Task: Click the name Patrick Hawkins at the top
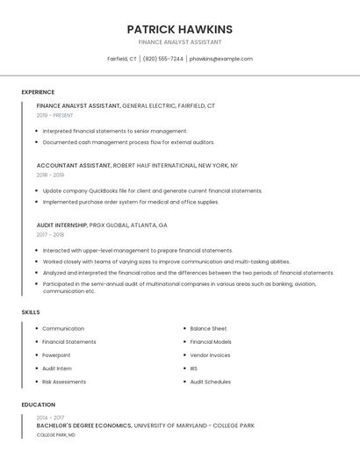pos(179,29)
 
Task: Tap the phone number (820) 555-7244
pos(162,59)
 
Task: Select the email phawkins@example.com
pos(220,59)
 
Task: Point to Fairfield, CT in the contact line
pos(122,59)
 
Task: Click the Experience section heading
pos(38,92)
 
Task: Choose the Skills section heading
pos(31,312)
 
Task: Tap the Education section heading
pos(38,404)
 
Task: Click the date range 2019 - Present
pos(55,115)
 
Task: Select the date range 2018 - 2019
pos(50,175)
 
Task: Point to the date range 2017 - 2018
pos(50,234)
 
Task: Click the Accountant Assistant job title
pos(74,165)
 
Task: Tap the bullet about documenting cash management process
pos(128,142)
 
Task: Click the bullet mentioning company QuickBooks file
pos(152,190)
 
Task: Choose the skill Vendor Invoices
pos(210,355)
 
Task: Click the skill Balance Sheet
pos(208,328)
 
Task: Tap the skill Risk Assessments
pos(64,382)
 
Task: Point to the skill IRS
pos(194,368)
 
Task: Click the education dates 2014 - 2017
pos(50,418)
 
